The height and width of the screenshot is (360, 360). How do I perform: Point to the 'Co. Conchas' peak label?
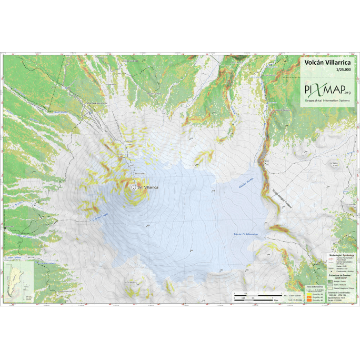click(x=131, y=283)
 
